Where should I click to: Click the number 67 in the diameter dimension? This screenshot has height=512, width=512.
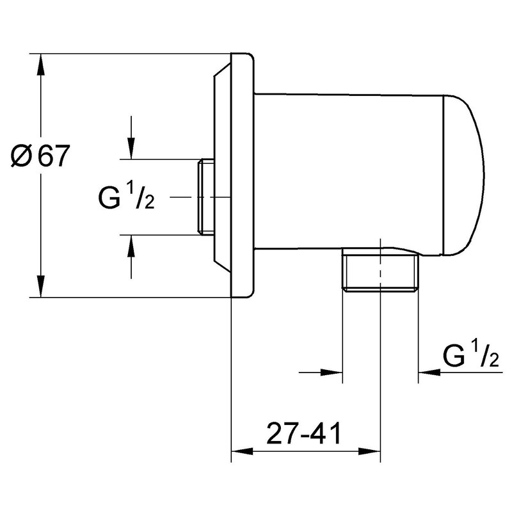(53, 156)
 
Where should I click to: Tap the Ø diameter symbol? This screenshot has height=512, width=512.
(22, 157)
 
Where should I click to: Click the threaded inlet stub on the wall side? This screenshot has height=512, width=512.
(207, 196)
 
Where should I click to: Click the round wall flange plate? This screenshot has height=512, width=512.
(242, 176)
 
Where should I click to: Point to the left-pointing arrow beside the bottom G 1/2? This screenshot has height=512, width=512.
(429, 372)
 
